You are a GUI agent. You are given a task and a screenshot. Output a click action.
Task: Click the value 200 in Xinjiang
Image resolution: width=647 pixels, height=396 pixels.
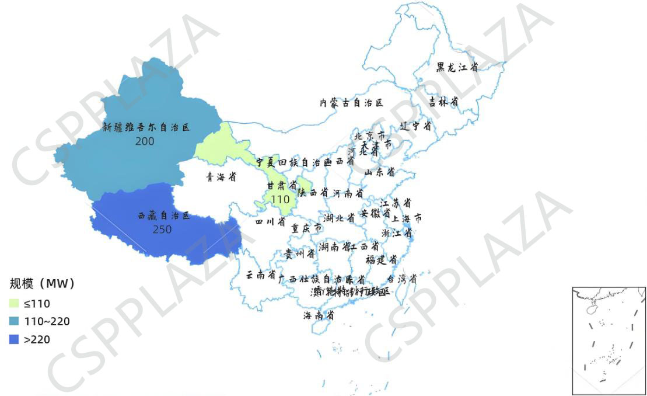tap(144, 141)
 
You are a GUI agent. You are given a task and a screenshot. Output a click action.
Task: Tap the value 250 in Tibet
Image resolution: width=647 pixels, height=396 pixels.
tap(162, 230)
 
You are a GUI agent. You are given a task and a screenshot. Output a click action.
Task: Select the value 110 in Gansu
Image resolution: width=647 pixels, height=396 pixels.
tap(280, 199)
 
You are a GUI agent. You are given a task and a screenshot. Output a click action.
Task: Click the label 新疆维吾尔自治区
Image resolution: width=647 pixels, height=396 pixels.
tap(146, 127)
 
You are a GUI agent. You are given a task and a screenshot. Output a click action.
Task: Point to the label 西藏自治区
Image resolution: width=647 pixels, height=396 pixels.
tap(164, 216)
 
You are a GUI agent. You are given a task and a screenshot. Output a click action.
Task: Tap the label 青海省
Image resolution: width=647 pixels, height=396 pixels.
tap(221, 177)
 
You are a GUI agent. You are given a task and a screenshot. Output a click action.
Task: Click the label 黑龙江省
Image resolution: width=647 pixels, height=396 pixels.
tap(457, 67)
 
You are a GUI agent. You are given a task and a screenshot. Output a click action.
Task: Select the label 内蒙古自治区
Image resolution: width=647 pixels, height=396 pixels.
tap(351, 103)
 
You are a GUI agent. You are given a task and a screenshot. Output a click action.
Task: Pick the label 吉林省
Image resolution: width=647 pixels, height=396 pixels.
tap(443, 102)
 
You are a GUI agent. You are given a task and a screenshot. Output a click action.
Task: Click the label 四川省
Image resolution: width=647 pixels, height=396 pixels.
tap(271, 222)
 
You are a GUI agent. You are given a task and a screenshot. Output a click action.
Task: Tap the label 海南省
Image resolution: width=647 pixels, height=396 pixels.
tap(318, 315)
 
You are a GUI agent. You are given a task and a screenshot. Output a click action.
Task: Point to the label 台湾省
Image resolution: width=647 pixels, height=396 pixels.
tap(403, 279)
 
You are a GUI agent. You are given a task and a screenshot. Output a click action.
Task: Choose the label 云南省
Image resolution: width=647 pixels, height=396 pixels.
tap(260, 275)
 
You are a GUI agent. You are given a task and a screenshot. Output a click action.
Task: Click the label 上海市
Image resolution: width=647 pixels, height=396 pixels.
tap(407, 218)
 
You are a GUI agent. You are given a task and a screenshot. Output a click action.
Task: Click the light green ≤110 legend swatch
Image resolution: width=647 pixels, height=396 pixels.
tap(15, 303)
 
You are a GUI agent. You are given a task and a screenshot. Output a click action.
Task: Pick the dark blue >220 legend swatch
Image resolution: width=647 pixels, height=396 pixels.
tap(15, 339)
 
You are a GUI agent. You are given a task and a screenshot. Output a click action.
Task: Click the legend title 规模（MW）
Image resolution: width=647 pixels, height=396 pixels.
tap(43, 284)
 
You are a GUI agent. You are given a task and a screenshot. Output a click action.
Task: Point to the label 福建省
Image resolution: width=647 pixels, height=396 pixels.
tap(382, 259)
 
